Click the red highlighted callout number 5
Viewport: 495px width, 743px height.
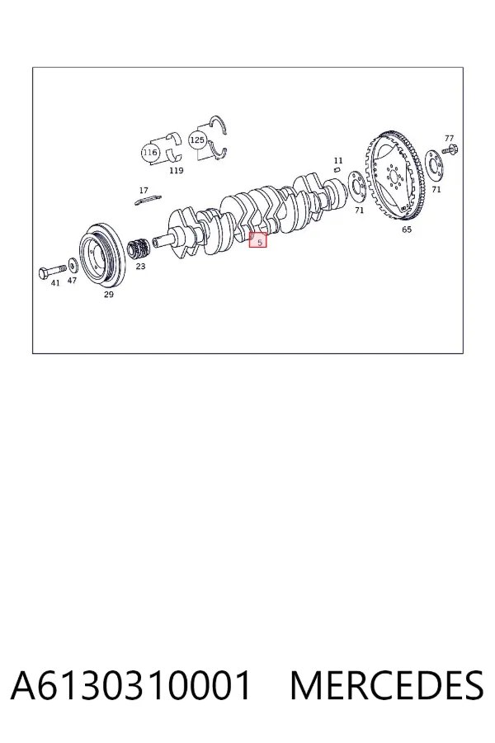pos(258,240)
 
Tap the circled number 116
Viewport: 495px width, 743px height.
pos(149,153)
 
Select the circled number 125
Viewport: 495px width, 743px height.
pos(197,140)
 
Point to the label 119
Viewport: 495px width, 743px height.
pos(177,171)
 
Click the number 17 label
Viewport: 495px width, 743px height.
pos(144,191)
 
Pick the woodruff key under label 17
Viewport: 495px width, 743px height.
pos(148,200)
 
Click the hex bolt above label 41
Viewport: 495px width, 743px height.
pos(52,272)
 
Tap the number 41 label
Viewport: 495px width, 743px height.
pos(55,283)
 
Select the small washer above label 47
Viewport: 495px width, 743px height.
pos(73,263)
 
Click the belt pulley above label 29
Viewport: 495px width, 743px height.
pos(101,254)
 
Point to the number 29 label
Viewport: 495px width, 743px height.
pos(108,295)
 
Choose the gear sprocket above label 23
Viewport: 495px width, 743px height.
pos(139,247)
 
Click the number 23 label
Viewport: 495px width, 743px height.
pos(141,267)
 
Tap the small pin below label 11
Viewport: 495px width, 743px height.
pos(337,168)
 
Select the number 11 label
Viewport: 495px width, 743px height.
pos(337,161)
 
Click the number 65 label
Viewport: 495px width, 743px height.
pos(407,230)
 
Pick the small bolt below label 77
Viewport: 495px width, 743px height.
pos(450,149)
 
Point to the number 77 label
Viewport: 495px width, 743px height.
pos(449,139)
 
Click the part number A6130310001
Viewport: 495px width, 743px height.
pos(130,685)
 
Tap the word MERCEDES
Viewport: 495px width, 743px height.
pos(387,685)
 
